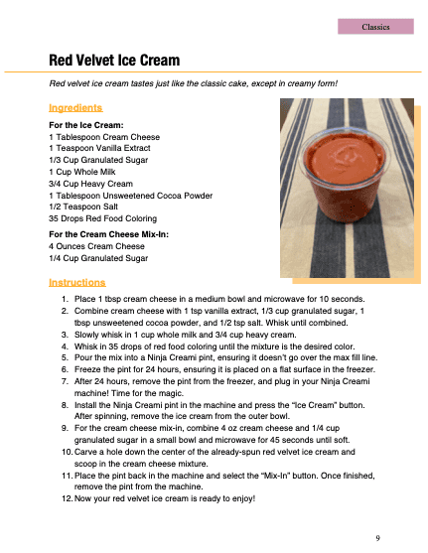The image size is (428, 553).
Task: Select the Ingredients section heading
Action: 75,107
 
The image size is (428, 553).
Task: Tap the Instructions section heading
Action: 77,283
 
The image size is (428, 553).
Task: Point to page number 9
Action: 378,537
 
